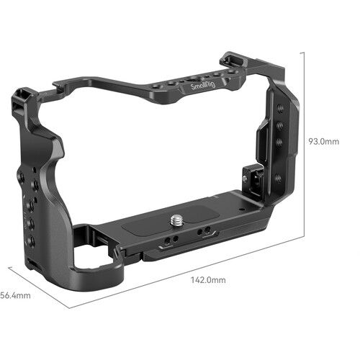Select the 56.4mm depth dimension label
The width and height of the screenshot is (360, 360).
pos(15,294)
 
